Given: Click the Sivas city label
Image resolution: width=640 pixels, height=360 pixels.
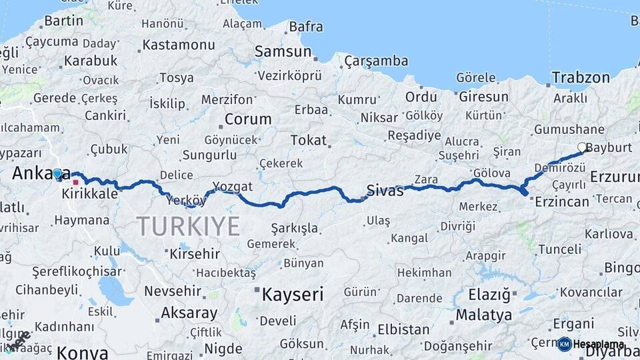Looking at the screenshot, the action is [385, 191].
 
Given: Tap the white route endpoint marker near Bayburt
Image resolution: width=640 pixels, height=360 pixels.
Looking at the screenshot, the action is [582, 147].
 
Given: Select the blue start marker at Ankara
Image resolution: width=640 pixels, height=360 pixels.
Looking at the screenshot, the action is [57, 174].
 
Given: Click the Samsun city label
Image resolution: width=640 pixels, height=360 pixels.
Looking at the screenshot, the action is [283, 51].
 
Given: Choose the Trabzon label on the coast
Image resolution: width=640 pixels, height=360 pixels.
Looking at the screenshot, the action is [580, 78].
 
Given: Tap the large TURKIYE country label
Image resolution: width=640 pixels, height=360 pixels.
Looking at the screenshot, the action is [189, 227].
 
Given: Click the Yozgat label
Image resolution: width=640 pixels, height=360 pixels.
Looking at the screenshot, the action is [233, 186].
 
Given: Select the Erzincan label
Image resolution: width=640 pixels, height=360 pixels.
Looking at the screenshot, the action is [563, 201].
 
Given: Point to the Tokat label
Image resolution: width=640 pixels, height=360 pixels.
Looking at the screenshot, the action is [309, 140].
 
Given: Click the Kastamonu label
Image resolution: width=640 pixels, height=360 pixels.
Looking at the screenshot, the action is [179, 45].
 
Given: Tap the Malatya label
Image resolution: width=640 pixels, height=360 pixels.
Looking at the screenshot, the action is [484, 315].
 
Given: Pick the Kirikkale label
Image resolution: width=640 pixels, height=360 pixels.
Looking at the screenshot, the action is [89, 194].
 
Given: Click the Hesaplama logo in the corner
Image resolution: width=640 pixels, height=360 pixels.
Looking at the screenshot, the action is [591, 344].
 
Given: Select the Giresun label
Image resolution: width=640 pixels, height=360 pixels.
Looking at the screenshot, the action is [483, 97].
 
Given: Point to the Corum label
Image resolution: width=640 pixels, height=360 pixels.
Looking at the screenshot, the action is [248, 120].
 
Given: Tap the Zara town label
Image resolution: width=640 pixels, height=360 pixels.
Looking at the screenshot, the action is [425, 179].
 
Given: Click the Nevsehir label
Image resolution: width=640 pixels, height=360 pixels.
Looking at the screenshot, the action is [173, 291].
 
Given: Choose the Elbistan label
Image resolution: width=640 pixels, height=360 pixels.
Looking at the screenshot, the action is [403, 329].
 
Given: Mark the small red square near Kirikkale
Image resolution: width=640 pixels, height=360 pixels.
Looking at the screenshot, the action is [76, 182].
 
